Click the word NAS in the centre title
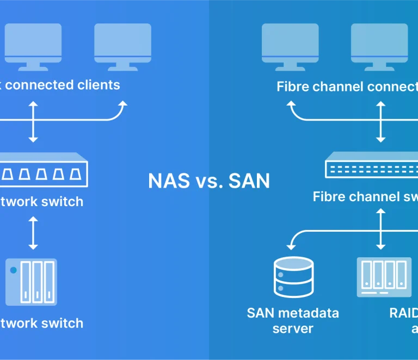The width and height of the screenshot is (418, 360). coord(169,181)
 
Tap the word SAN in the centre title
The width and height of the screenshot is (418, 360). coord(249,181)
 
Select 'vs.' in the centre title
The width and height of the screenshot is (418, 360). coord(208,181)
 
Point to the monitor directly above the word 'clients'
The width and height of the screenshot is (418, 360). coord(122,46)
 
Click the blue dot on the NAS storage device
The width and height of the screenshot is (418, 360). coord(14,270)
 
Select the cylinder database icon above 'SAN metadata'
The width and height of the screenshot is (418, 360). coord(292,277)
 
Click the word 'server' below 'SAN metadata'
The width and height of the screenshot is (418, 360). coord(293,328)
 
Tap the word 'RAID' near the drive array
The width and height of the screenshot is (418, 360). coord(403,313)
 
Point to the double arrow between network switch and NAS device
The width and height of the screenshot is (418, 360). coord(33,233)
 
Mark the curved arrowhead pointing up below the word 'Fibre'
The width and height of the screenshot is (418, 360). coord(292,104)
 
